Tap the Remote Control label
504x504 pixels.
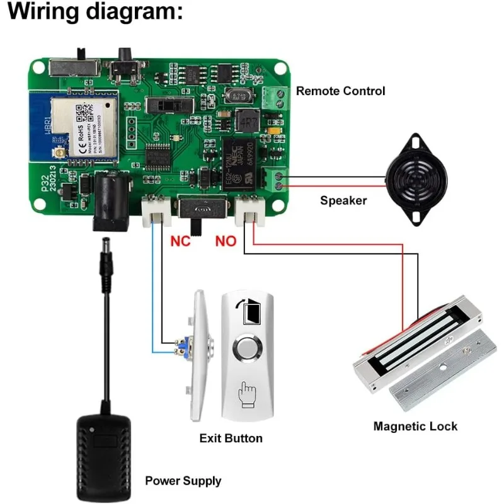(x=340, y=91)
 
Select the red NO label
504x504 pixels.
(x=226, y=240)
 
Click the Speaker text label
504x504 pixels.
(x=343, y=201)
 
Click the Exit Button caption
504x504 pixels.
(x=231, y=438)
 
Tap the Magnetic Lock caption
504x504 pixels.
(x=415, y=427)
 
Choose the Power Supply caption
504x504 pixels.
(x=183, y=481)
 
